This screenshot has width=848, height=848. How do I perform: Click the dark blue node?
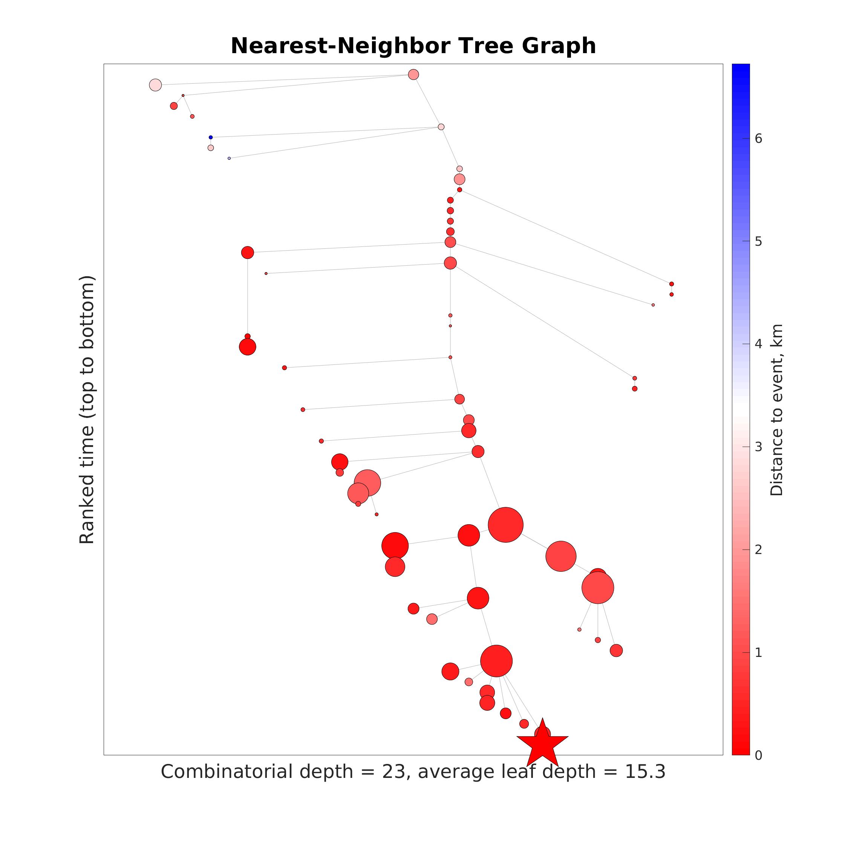pos(211,138)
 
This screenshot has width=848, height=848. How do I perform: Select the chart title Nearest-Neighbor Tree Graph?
pos(413,46)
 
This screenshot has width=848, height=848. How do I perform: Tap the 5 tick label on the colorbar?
pos(758,242)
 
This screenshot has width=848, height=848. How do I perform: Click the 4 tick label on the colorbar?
pos(758,344)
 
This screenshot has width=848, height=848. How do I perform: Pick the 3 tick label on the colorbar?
pos(758,447)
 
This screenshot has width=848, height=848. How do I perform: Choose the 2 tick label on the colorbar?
pos(758,550)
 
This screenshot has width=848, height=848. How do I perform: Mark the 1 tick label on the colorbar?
pos(758,653)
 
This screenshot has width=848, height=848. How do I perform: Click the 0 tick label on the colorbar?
pos(758,755)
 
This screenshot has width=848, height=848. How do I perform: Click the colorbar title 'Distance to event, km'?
pos(776,410)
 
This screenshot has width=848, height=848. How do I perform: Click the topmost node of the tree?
pos(413,75)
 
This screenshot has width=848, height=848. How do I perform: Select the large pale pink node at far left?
pos(155,85)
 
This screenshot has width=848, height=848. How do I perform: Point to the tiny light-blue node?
pos(229,158)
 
